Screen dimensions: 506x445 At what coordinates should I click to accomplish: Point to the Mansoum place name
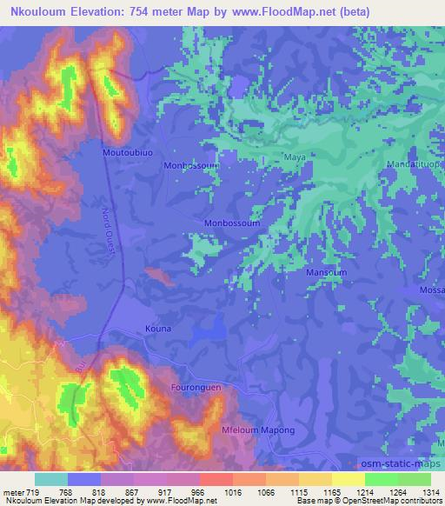(x=327, y=272)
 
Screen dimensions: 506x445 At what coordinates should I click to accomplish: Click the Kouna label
(x=157, y=329)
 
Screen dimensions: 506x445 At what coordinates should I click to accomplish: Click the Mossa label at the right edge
(x=432, y=290)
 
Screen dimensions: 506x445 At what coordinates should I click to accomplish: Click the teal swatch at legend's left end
(x=51, y=479)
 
